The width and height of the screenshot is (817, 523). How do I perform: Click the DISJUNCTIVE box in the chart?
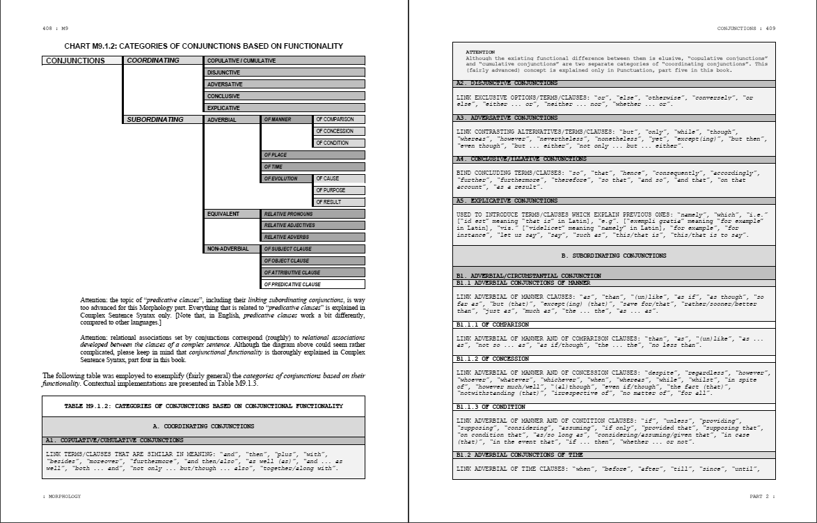pos(285,72)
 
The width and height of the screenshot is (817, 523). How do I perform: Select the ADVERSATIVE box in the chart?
pos(285,84)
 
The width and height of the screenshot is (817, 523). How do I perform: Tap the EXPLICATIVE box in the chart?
pos(285,108)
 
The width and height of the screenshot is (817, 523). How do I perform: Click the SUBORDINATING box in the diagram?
pos(163,120)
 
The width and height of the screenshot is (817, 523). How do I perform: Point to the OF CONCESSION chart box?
pos(340,131)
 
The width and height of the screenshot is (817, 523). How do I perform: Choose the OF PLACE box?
pos(313,155)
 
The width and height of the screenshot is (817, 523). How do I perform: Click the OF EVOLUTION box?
pos(287,178)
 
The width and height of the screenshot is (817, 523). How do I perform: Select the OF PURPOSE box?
pos(340,190)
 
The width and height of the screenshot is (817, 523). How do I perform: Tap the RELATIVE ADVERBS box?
pos(313,237)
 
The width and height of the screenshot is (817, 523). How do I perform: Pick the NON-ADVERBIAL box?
pos(232,249)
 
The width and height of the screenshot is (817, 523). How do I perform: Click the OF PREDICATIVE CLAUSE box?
pos(313,284)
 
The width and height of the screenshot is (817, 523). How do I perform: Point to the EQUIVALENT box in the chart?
pos(232,214)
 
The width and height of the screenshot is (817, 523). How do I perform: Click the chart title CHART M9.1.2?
pos(203,46)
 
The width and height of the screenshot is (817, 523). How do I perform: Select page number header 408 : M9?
pos(55,29)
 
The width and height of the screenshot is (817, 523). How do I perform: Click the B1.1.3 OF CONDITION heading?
pos(491,407)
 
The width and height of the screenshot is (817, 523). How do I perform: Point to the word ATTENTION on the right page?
pos(479,52)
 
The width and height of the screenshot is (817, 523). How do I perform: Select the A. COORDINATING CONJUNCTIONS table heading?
pos(203,426)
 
